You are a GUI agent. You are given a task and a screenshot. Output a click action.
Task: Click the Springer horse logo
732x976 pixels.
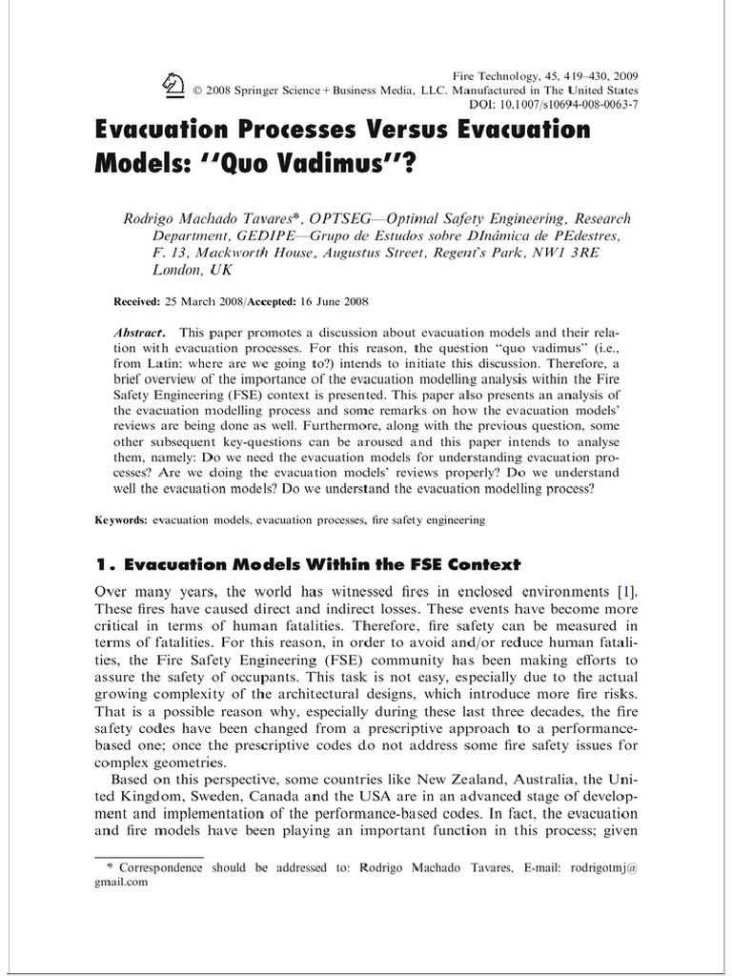(x=174, y=86)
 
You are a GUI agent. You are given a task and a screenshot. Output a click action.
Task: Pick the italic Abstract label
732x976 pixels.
(x=140, y=333)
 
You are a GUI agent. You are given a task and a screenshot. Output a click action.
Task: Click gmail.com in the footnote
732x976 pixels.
(x=120, y=882)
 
